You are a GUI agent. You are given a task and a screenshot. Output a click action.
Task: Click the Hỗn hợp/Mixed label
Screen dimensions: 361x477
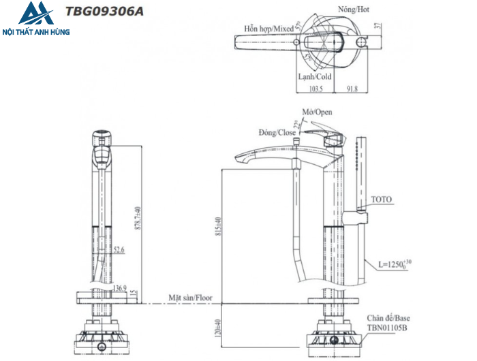(x=269, y=29)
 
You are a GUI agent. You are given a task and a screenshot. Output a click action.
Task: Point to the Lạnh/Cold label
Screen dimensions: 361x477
(x=314, y=77)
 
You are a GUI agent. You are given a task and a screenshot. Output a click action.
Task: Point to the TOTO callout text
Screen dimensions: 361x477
(x=382, y=200)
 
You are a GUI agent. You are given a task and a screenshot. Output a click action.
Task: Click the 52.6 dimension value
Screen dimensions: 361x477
(x=119, y=251)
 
